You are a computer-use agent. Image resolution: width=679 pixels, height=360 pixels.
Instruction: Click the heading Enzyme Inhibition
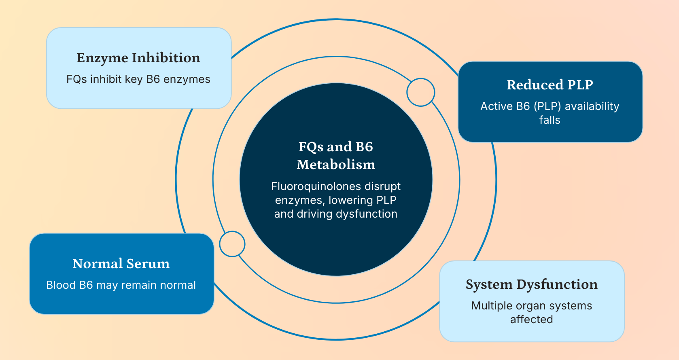[x=138, y=58]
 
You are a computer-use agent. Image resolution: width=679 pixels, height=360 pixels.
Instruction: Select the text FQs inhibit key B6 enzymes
[x=138, y=79]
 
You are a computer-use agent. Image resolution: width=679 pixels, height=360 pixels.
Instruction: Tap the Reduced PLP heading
[x=550, y=85]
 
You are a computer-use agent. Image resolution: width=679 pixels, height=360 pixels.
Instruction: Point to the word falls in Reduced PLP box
[x=550, y=120]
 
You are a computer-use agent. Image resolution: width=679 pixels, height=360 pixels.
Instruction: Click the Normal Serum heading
[x=121, y=264]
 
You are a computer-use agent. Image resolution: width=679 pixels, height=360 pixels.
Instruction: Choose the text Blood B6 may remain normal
[x=121, y=285]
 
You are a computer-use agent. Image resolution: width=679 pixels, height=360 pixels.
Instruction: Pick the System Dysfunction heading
[x=531, y=284]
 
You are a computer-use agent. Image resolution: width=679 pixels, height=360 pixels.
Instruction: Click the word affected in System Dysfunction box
[x=531, y=320]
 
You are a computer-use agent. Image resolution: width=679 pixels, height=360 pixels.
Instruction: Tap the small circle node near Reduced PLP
[x=421, y=92]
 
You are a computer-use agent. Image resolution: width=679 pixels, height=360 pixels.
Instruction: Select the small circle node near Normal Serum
[x=232, y=244]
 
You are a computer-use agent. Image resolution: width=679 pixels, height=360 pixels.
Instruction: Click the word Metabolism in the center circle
[x=336, y=165]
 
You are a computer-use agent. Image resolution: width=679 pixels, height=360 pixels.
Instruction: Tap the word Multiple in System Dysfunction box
[x=491, y=306]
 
